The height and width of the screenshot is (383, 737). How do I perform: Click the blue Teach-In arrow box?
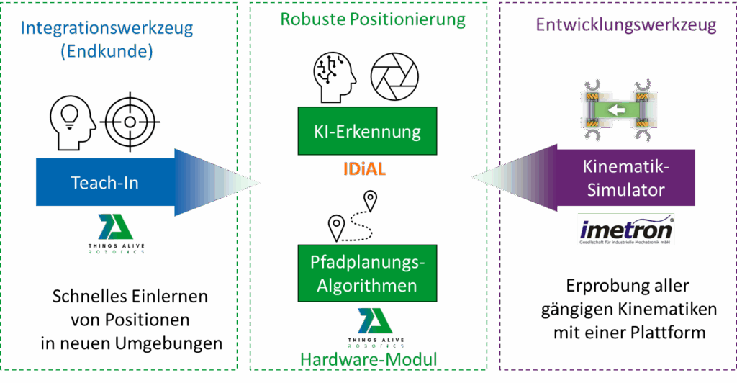coord(105,183)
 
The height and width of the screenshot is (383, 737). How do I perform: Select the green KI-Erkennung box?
coord(367,132)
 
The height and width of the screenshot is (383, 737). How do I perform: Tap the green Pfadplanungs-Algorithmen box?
coord(367,274)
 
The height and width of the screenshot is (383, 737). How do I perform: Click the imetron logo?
coord(626,230)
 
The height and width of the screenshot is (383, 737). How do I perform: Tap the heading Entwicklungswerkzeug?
coord(626,25)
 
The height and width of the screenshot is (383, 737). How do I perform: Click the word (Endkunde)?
coord(108,52)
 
